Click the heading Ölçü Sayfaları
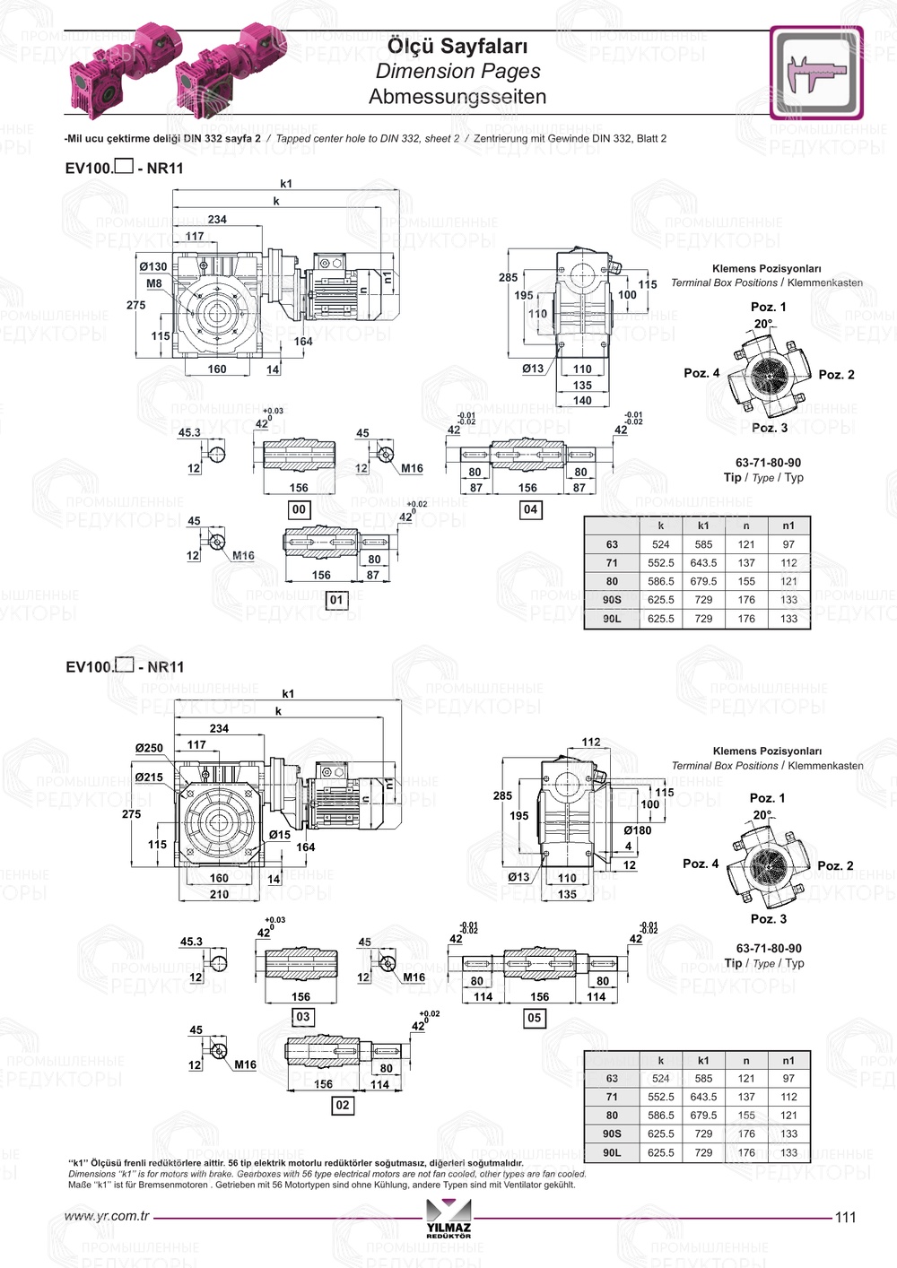[457, 46]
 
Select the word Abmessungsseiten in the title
[457, 97]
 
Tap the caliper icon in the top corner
[815, 74]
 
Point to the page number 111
[845, 1217]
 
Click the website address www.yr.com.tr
[107, 1217]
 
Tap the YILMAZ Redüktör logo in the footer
[448, 1220]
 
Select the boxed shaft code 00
[299, 509]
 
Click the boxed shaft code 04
[530, 509]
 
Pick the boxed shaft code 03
[303, 1017]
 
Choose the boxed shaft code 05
[534, 1018]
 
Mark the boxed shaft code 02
[343, 1105]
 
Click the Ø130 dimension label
[152, 266]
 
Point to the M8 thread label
[154, 283]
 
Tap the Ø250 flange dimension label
[149, 748]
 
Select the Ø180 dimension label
[637, 830]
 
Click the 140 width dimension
[582, 401]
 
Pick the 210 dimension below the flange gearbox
[219, 894]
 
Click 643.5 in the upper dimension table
[703, 563]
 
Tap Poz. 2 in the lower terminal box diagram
[835, 865]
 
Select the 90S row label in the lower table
[612, 1133]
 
